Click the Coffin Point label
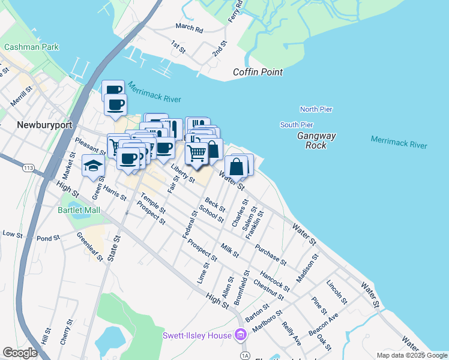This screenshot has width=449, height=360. (x=258, y=73)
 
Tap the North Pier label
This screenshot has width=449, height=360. (x=316, y=109)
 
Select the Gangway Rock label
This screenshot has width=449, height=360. (x=312, y=140)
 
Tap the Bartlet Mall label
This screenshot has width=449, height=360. (x=79, y=210)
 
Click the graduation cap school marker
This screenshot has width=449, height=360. (x=93, y=166)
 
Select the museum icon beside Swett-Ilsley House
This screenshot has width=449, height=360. (x=241, y=335)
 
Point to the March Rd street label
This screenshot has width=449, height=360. (x=189, y=28)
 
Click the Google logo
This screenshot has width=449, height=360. (x=20, y=353)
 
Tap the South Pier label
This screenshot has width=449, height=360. (x=297, y=125)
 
